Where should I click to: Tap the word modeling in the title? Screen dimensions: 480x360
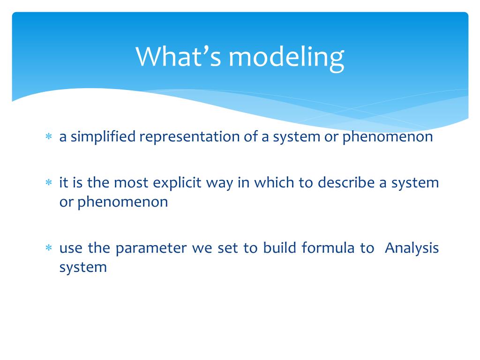(286, 59)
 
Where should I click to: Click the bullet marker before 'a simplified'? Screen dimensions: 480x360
(49, 136)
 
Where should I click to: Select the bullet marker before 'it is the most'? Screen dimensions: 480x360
(49, 182)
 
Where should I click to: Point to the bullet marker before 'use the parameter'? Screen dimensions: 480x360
(49, 247)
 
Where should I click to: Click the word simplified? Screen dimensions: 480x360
(103, 136)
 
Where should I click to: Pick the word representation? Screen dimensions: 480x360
(189, 137)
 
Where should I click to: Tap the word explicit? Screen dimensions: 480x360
(177, 183)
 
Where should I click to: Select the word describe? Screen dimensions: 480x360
(346, 182)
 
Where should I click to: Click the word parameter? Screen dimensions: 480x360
(151, 248)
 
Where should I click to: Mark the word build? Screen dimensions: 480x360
(280, 247)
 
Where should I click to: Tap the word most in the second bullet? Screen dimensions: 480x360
(131, 183)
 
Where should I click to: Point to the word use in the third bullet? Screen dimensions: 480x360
(71, 248)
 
